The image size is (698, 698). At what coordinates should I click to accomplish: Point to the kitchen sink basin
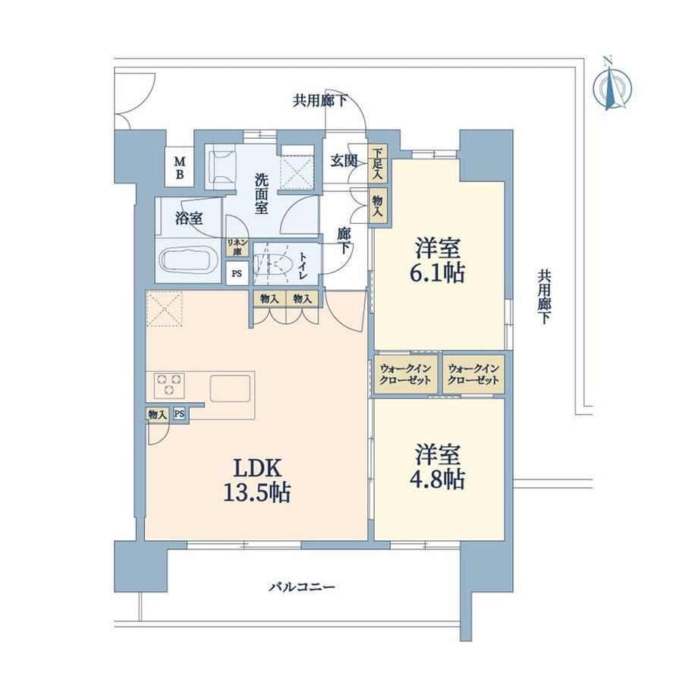click(230, 388)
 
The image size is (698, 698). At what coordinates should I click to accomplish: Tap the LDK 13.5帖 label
click(257, 480)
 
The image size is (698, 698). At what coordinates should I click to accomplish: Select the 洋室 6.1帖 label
click(438, 260)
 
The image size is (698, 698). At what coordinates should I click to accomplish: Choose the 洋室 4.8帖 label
click(438, 467)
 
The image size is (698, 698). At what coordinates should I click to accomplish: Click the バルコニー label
click(301, 587)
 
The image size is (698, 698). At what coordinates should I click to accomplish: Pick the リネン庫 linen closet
click(237, 247)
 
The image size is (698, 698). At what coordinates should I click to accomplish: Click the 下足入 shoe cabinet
click(378, 163)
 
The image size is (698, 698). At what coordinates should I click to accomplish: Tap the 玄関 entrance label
click(344, 161)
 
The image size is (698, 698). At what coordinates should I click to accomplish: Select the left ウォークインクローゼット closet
click(405, 374)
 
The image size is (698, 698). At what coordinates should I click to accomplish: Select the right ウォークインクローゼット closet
click(473, 374)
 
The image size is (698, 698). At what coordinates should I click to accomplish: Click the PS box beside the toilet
click(237, 273)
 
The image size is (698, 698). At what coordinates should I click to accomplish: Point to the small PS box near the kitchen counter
click(179, 414)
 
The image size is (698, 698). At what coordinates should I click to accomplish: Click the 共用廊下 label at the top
click(319, 101)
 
